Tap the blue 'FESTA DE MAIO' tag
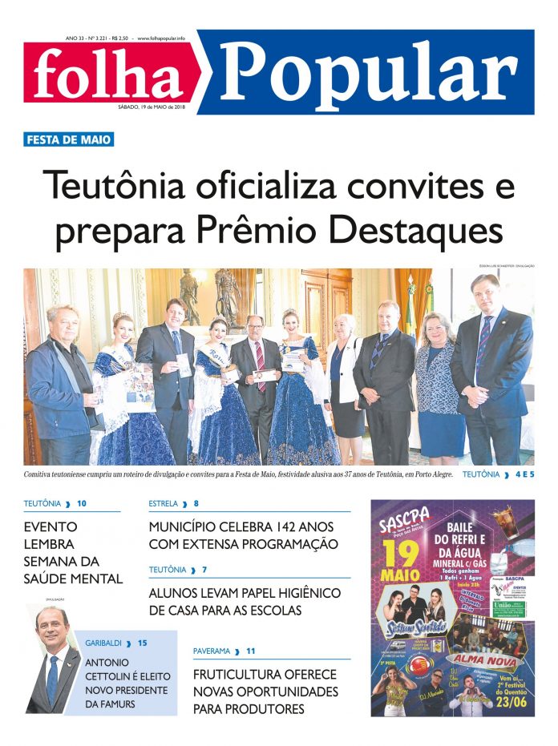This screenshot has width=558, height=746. coord(69,139)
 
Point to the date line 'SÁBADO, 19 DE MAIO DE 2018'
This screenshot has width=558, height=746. coord(152,107)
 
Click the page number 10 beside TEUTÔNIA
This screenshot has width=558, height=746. coord(82,504)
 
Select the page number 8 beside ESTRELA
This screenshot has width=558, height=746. coord(196,504)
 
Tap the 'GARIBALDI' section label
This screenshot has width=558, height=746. coord(105,643)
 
